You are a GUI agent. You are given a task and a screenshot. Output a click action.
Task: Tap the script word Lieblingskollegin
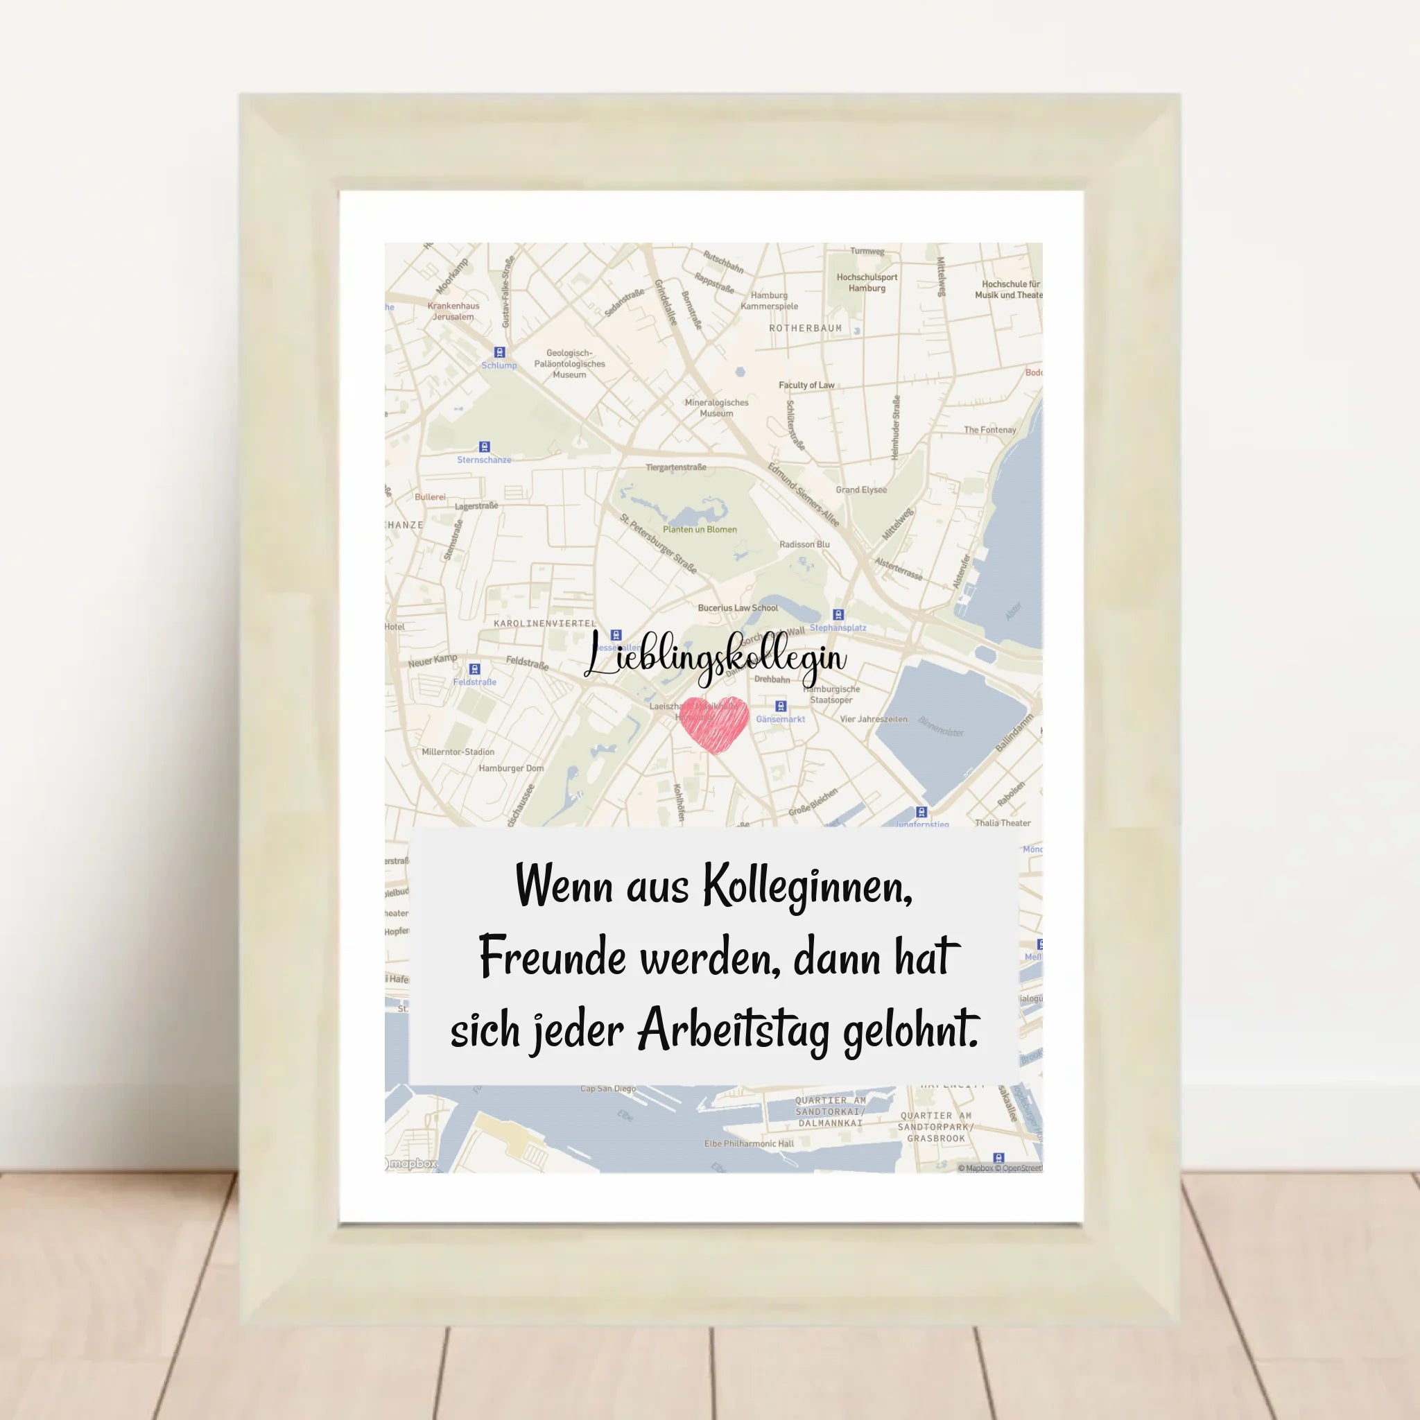(715, 657)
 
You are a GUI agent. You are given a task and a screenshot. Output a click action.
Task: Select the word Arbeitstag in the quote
(733, 1031)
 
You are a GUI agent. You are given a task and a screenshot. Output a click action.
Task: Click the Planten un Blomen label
(699, 529)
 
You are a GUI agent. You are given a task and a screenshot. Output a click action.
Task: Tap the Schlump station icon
(500, 352)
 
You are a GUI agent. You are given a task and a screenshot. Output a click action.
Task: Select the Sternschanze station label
(484, 460)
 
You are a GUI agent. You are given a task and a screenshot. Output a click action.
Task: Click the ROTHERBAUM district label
(805, 328)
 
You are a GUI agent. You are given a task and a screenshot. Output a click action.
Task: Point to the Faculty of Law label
(806, 385)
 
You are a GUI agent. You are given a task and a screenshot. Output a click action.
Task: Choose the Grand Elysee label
(860, 490)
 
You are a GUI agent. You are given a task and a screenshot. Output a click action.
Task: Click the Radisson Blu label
(804, 544)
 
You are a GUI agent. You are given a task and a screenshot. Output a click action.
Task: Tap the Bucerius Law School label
(737, 608)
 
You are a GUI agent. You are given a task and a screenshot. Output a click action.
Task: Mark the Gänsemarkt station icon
(781, 707)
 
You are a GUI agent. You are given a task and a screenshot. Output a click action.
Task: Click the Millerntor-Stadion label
(458, 752)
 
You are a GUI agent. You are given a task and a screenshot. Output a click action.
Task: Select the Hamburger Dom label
(511, 768)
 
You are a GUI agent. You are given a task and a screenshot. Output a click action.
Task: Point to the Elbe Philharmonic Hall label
(748, 1143)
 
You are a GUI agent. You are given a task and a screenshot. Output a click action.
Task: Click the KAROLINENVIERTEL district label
(544, 623)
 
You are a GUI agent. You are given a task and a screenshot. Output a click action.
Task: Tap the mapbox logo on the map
(412, 1163)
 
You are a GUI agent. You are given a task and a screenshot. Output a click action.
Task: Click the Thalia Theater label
(1003, 822)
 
